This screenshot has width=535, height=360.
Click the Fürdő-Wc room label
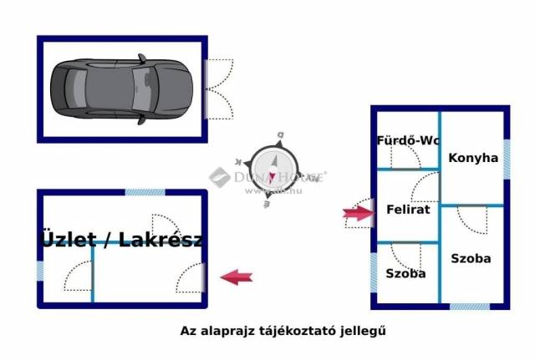(x=408, y=140)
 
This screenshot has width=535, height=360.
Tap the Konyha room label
(x=473, y=157)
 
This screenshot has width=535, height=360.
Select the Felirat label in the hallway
(x=408, y=210)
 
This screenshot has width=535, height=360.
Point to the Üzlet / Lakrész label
(x=122, y=240)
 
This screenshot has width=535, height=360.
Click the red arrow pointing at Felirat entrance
(x=357, y=214)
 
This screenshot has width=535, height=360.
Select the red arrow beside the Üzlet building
(x=236, y=277)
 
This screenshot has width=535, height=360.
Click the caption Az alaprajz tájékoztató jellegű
(x=283, y=330)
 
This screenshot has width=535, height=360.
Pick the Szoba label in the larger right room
(x=471, y=259)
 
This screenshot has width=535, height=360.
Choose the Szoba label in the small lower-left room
(x=405, y=273)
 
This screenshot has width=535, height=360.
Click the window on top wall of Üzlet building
(x=145, y=192)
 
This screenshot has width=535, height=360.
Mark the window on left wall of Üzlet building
(x=39, y=271)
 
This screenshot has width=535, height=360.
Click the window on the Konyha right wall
(x=507, y=155)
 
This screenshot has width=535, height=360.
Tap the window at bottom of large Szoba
(x=470, y=307)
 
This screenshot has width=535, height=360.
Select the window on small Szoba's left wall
(x=373, y=271)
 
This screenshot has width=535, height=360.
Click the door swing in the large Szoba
(x=472, y=220)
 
